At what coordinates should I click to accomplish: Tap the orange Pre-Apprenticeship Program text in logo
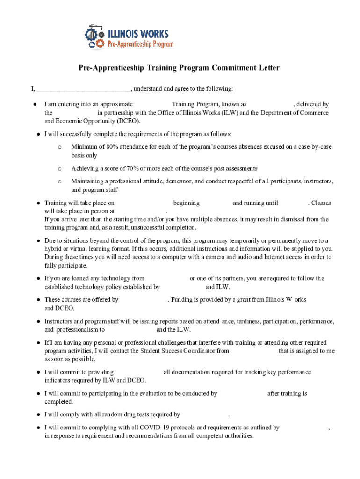(140, 44)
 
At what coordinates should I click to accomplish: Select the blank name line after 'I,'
(84, 89)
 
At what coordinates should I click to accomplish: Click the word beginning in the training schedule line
(186, 203)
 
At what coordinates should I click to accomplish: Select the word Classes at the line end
(321, 203)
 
